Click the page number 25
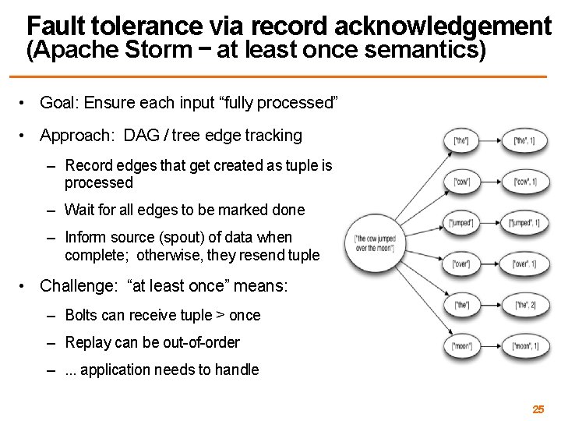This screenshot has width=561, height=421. coord(538,409)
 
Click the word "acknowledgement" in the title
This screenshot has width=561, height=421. coord(453,27)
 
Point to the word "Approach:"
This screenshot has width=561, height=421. coord(76,136)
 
